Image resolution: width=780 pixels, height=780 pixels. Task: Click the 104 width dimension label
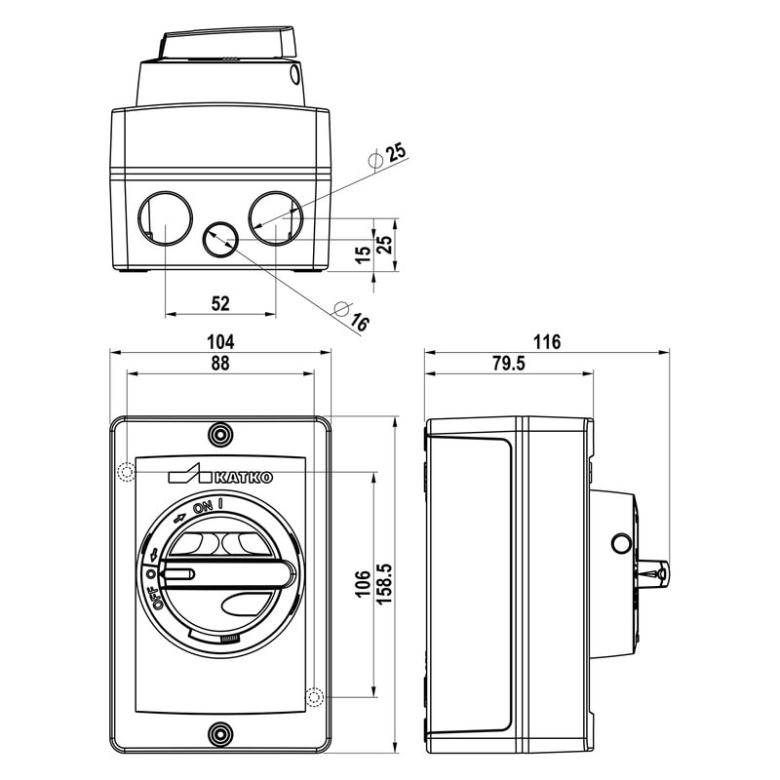click(220, 341)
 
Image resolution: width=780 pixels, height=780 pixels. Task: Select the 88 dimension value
click(220, 364)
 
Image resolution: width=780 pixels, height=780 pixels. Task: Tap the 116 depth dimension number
click(548, 341)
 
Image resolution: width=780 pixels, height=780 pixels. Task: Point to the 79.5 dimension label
click(508, 364)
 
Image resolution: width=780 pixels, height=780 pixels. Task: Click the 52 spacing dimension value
click(220, 303)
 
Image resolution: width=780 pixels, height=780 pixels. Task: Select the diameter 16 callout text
click(349, 316)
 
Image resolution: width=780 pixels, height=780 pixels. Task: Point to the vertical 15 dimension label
click(363, 254)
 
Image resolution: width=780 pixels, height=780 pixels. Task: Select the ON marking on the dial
click(202, 507)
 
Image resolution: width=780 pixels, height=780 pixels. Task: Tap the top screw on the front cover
click(221, 433)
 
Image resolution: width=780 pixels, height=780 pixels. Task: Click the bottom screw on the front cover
click(221, 734)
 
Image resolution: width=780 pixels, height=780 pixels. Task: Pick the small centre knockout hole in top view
click(220, 238)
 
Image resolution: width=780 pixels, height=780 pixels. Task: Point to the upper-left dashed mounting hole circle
click(125, 473)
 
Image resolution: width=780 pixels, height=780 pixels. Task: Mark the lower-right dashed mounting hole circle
click(315, 697)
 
